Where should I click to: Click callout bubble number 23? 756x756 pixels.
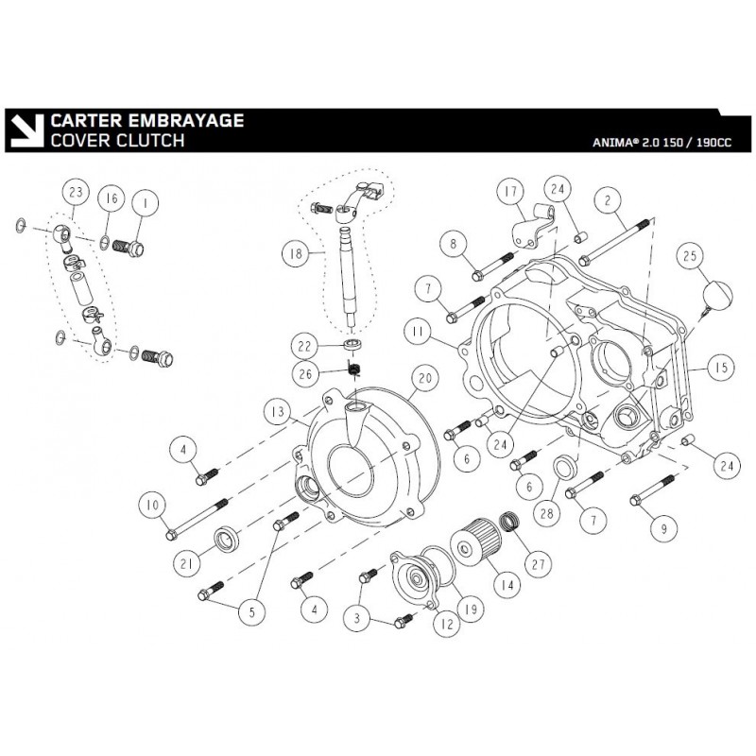(76, 193)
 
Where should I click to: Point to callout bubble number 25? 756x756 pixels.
(690, 257)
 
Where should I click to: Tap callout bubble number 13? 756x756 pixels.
(276, 412)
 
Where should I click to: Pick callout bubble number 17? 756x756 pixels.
(511, 194)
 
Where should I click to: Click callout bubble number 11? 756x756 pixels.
(416, 333)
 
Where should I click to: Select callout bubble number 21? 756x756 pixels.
(186, 563)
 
